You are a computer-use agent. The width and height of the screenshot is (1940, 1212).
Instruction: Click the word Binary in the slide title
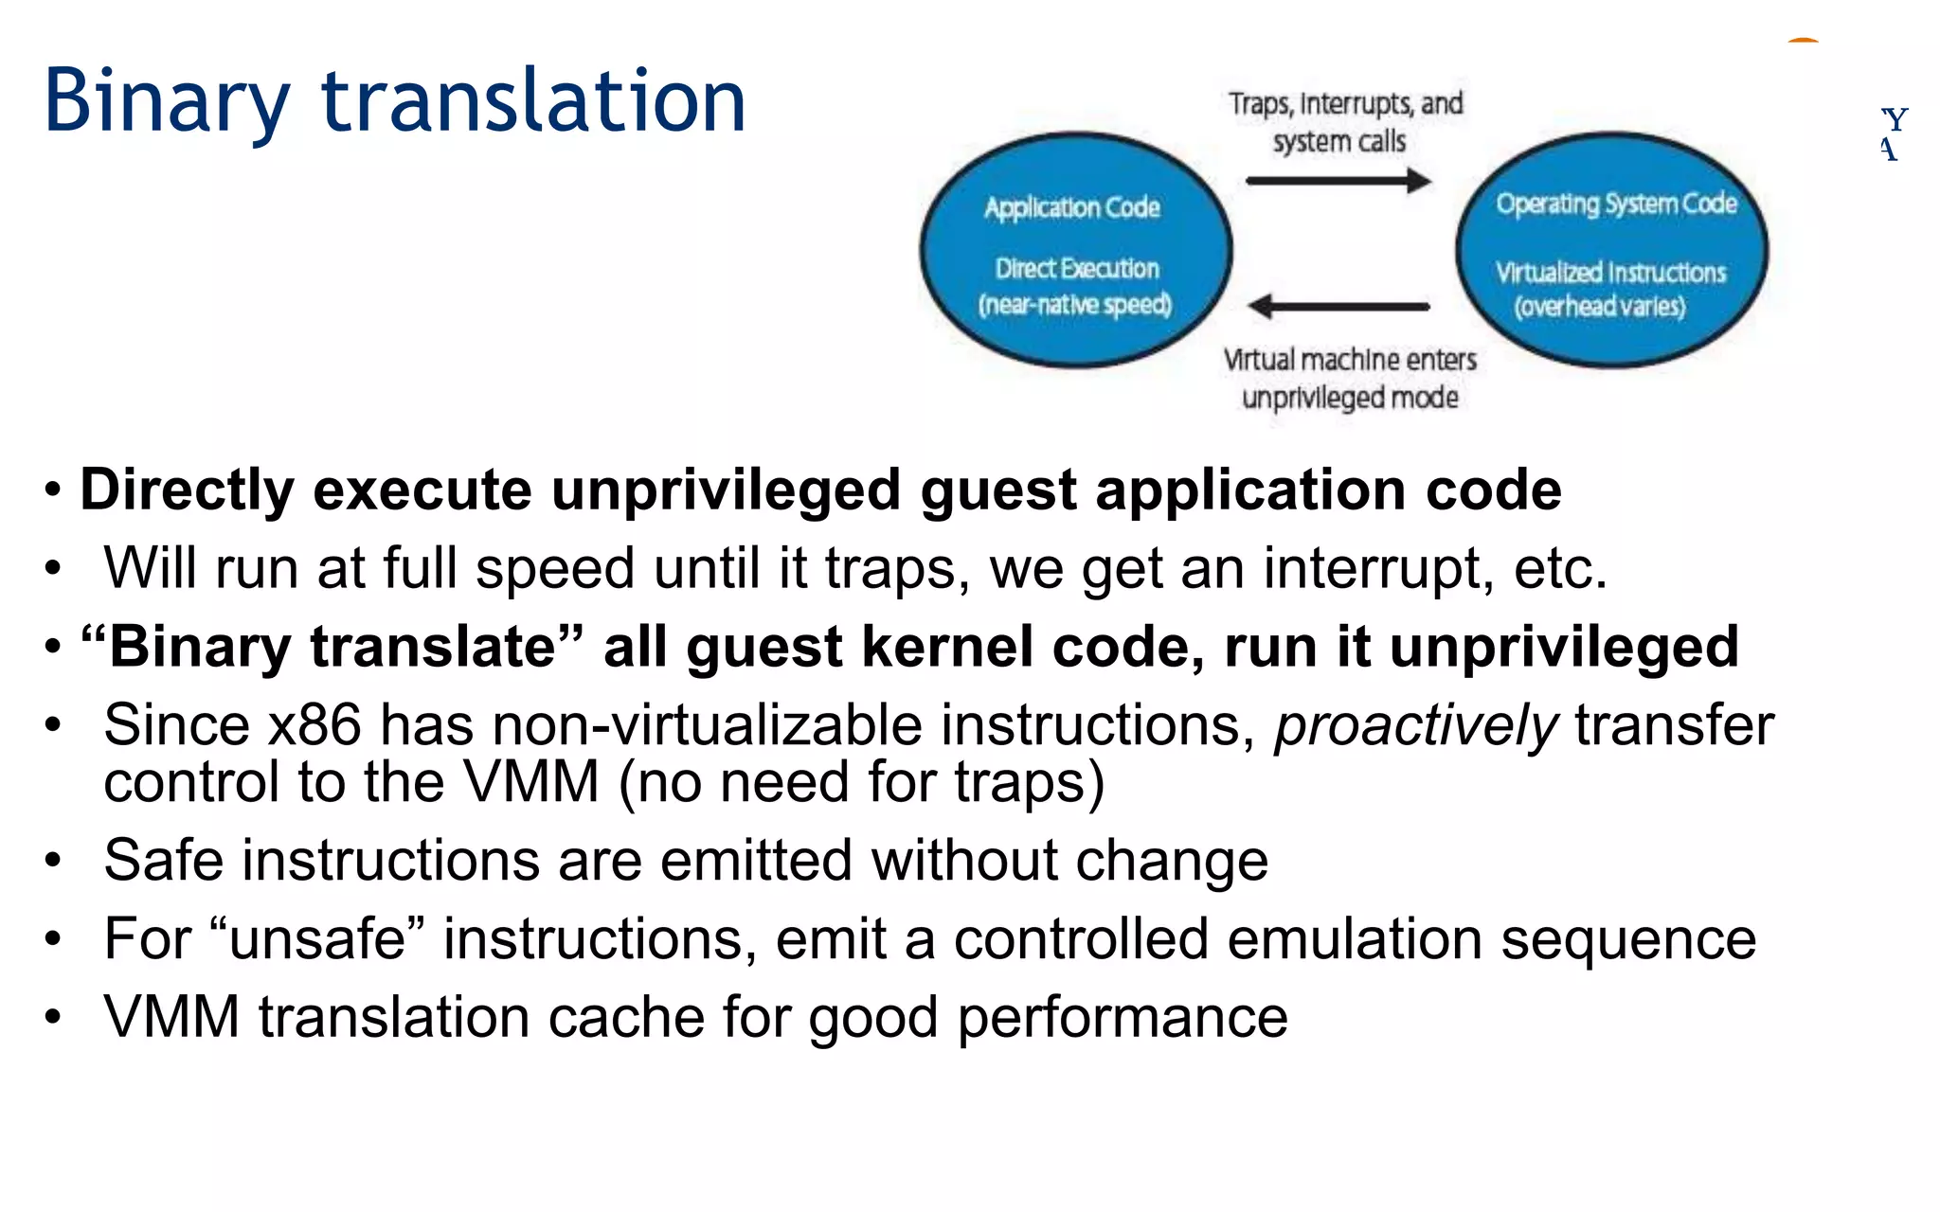coord(167,102)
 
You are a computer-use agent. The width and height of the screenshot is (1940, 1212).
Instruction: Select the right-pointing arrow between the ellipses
coord(1338,181)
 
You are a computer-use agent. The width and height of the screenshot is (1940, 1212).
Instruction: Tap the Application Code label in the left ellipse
coord(1071,207)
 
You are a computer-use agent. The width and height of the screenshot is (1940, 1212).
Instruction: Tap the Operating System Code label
coord(1616,204)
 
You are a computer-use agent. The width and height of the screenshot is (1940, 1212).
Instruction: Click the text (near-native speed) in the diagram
coord(1075,305)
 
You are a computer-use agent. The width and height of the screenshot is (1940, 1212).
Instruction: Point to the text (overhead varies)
coord(1600,307)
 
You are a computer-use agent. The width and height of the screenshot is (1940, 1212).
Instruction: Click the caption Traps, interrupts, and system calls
coord(1344,122)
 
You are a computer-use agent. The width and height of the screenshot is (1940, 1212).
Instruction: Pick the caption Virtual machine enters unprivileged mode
coord(1350,378)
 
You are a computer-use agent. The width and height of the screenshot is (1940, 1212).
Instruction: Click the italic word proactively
coord(1415,726)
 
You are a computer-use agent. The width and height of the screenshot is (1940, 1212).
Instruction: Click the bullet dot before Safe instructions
coord(53,861)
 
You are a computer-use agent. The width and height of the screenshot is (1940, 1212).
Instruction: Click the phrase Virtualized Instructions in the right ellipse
coord(1610,273)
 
